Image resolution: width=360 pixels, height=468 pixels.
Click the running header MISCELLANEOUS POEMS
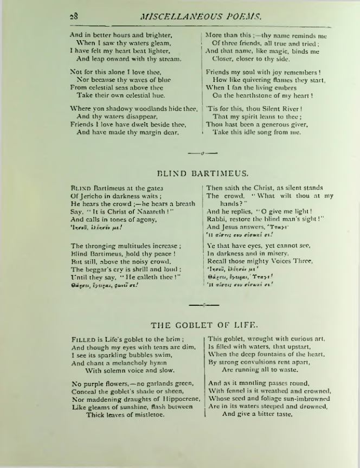tap(185, 16)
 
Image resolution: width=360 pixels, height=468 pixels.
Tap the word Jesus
tap(234, 227)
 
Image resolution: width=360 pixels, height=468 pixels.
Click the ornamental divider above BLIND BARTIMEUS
tap(201, 153)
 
